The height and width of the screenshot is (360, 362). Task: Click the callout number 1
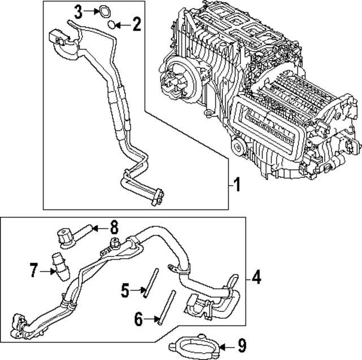click(x=238, y=184)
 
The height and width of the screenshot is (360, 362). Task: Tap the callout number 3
click(x=79, y=10)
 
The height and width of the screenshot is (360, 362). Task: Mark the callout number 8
click(x=114, y=228)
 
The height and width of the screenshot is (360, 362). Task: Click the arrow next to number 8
click(x=100, y=228)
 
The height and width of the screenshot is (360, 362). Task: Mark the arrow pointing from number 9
click(x=226, y=346)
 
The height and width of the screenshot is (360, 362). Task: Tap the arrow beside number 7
click(x=49, y=271)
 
